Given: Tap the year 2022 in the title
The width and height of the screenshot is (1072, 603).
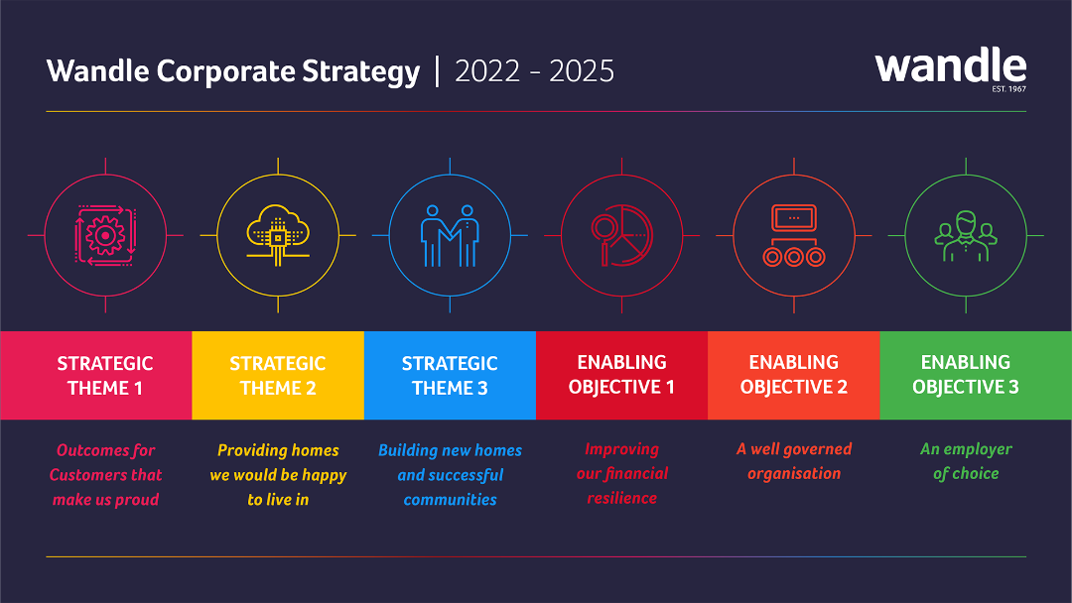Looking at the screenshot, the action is pos(487,71).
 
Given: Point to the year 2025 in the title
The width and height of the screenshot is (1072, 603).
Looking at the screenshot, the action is pos(581,71).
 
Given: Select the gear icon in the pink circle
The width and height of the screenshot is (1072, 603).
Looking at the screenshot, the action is pos(105,236).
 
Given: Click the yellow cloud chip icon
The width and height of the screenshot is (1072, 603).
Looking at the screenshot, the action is pos(278,235).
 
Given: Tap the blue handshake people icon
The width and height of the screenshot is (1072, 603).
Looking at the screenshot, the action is pos(450,236).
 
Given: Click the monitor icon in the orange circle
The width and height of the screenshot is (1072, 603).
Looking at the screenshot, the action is pos(794,218).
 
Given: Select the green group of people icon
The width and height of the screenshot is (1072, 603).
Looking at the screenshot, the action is pos(966,236).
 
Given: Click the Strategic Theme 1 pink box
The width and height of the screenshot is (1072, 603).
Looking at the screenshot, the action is pos(95,376).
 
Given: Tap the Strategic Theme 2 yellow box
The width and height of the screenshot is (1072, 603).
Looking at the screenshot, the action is pos(278,376).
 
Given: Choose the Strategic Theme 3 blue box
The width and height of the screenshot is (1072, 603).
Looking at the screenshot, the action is pos(450,376).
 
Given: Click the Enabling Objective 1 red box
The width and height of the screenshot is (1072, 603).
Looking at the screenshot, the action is pos(622,376).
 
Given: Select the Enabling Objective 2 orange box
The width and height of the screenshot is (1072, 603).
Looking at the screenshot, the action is pos(794,376).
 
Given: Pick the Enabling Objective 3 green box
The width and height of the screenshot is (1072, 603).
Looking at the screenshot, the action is pos(976,376).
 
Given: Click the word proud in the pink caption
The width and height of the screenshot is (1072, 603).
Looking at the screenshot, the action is pos(137,500).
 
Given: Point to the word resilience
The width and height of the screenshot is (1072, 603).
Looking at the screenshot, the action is pos(622,499).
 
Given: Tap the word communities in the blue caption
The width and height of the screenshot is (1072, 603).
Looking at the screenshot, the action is pos(450,500).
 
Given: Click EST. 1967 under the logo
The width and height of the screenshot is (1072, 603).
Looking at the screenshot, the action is pos(1009,89).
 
